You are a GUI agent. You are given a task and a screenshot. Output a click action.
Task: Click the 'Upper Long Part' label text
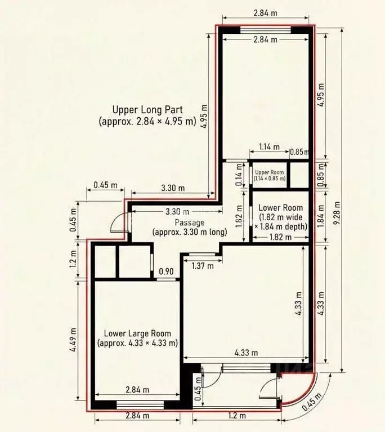147,110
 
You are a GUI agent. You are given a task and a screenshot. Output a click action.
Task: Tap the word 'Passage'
190,222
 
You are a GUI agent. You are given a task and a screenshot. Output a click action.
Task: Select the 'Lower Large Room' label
137,333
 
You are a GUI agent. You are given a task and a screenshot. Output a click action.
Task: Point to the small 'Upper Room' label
270,172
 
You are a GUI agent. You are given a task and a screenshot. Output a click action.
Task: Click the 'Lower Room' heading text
281,208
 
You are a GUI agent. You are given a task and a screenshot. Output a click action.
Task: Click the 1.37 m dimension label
203,266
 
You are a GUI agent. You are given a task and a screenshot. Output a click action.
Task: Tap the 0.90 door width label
167,271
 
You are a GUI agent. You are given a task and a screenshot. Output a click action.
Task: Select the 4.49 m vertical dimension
74,340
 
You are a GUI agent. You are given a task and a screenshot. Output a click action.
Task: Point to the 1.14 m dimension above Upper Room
270,146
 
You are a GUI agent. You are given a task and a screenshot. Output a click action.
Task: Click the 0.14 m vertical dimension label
239,175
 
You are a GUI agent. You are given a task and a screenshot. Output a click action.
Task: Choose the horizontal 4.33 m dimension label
246,353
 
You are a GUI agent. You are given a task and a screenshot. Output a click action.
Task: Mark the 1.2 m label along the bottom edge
237,415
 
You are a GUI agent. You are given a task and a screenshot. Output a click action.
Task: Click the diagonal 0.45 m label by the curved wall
312,402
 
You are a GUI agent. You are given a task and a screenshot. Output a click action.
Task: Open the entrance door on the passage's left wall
120,223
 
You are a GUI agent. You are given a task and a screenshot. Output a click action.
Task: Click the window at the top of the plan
266,30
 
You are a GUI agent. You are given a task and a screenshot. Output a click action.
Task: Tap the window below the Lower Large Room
141,405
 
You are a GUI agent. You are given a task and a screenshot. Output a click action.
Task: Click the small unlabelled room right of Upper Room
299,175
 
